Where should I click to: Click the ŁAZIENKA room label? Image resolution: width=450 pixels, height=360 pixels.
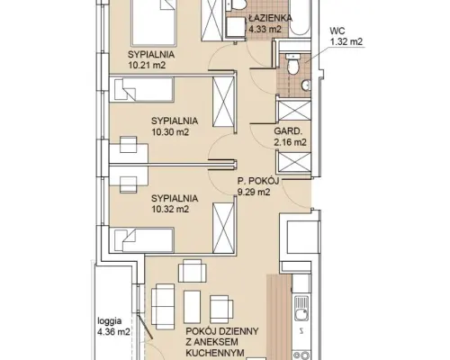click(x=270, y=18)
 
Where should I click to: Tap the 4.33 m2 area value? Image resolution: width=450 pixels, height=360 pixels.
click(x=265, y=29)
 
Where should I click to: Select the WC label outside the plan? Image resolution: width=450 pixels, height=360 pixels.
click(x=337, y=31)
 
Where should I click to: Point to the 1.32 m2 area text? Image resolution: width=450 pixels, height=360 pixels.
click(x=346, y=41)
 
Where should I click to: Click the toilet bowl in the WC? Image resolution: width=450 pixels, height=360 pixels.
click(x=292, y=64)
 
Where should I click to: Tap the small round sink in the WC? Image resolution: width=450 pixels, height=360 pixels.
click(x=306, y=85)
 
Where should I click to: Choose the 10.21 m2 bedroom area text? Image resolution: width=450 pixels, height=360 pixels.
click(x=147, y=65)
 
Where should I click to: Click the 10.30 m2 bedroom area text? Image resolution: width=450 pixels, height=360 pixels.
click(x=170, y=131)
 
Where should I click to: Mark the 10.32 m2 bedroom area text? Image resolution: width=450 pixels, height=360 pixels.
click(x=170, y=209)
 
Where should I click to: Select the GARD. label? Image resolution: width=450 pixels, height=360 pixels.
click(x=287, y=131)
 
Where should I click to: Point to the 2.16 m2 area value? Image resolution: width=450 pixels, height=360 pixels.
click(x=290, y=142)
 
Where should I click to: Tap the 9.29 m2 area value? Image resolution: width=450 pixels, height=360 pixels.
click(x=254, y=192)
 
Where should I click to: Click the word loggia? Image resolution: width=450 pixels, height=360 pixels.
click(x=110, y=321)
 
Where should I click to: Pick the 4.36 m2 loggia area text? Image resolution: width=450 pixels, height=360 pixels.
click(x=113, y=332)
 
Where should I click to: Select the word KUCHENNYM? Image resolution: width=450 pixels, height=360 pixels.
click(x=215, y=353)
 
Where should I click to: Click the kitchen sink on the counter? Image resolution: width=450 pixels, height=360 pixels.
click(x=301, y=308)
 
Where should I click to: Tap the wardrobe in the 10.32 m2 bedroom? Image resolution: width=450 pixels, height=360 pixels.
click(x=223, y=228)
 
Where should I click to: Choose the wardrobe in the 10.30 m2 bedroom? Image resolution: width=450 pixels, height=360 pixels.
click(x=223, y=102)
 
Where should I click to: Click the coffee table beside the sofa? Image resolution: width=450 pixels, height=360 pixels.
click(x=192, y=307)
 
